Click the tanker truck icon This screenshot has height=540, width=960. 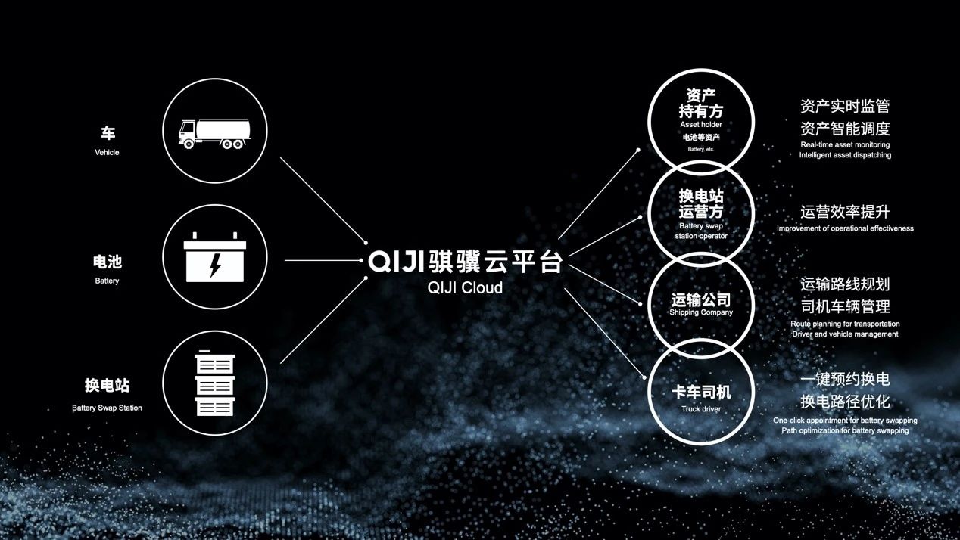tap(214, 134)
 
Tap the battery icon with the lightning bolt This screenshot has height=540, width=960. tap(215, 257)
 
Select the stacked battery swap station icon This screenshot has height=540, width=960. tap(215, 383)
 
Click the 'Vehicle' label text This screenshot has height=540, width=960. tap(107, 153)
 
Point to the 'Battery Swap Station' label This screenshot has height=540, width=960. tap(107, 408)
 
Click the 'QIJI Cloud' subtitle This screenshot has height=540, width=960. tap(465, 287)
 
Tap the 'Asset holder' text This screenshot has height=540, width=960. tap(701, 125)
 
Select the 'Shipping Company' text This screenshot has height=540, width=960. tap(701, 312)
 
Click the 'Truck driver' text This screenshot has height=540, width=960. tap(701, 409)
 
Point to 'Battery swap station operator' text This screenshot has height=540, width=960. tap(701, 231)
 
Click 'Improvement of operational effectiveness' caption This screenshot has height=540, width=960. tap(845, 228)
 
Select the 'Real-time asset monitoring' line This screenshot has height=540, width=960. tap(845, 144)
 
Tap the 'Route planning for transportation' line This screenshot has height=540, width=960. tap(845, 324)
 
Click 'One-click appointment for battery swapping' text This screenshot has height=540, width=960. tap(845, 421)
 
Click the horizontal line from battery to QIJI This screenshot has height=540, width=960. tap(323, 260)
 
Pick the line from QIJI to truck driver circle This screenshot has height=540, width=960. tap(605, 334)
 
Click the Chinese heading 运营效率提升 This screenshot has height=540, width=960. tap(845, 212)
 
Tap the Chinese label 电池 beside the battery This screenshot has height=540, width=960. tap(108, 262)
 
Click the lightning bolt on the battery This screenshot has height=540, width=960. tap(215, 265)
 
